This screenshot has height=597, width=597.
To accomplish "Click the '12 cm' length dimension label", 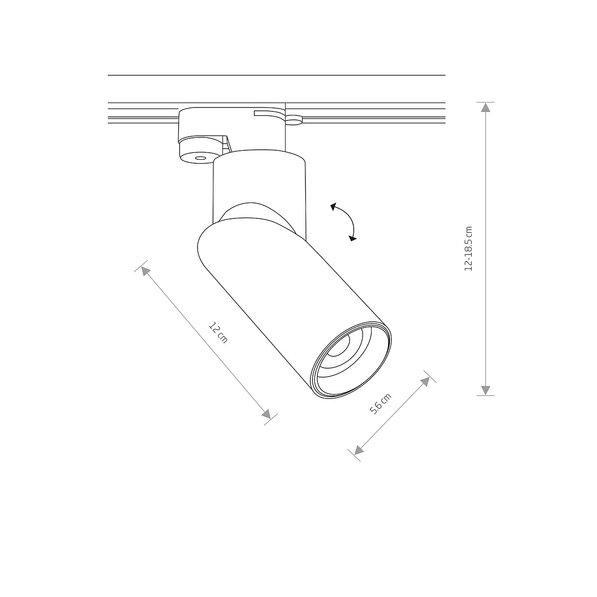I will [218, 333].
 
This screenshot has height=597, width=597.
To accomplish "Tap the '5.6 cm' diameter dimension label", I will [380, 404].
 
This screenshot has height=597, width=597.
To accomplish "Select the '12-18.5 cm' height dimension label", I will [468, 249].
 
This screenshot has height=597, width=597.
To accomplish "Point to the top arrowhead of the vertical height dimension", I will [486, 107].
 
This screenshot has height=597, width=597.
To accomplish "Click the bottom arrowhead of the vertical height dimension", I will [486, 390].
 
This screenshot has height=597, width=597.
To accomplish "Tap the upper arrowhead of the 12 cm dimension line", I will [145, 270].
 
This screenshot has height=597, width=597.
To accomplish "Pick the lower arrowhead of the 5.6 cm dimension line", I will [358, 450].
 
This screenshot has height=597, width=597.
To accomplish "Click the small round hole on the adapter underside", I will [200, 158].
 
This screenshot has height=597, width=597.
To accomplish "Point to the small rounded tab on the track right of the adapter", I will [294, 119].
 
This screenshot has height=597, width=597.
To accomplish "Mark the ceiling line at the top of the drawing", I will [276, 75].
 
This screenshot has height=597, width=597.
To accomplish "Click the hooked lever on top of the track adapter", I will [269, 114].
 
